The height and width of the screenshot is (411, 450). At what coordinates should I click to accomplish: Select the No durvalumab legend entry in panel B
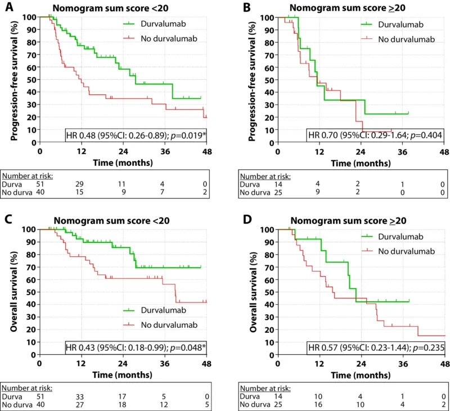pos(400,38)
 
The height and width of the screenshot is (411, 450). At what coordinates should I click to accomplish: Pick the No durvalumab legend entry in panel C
pos(169,324)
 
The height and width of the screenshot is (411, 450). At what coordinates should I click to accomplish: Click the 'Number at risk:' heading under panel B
pos(265,175)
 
